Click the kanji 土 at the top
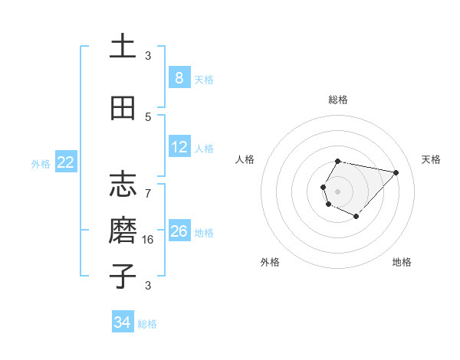click(123, 46)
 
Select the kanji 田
click(123, 109)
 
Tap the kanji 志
click(123, 185)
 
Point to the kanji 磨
click(123, 231)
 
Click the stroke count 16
click(149, 239)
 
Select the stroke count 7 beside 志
click(148, 192)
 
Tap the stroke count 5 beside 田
click(148, 117)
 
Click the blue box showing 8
click(179, 78)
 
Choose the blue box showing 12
click(179, 147)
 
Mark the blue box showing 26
click(179, 231)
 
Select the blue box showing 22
click(66, 162)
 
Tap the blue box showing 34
click(122, 323)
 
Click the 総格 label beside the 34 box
click(147, 324)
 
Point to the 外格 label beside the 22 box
click(41, 163)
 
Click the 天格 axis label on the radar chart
click(431, 159)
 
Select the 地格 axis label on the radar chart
click(402, 262)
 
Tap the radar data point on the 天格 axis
click(396, 172)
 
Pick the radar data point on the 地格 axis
click(356, 217)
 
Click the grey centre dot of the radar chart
click(337, 191)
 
